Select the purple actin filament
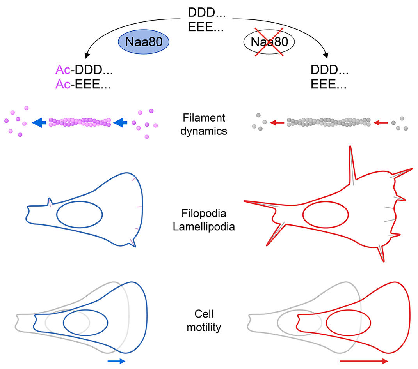[x=80, y=123]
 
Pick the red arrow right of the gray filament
[x=381, y=123]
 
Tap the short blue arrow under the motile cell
[x=116, y=361]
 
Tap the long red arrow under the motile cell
[x=363, y=361]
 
